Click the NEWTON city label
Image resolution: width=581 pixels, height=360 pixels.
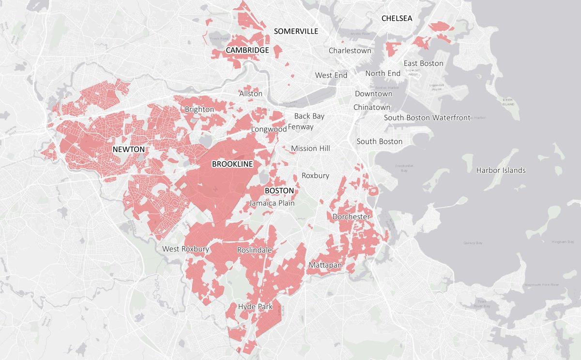(x=128, y=150)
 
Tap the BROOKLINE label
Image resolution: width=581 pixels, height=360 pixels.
(x=232, y=164)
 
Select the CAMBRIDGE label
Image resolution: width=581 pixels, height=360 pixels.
(x=247, y=50)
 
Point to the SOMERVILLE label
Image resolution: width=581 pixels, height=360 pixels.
(x=296, y=31)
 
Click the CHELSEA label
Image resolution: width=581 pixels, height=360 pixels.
(x=397, y=18)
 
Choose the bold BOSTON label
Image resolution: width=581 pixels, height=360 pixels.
(x=279, y=191)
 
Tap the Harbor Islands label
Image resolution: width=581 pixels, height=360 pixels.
(x=501, y=170)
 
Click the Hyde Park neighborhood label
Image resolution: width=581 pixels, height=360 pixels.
(x=255, y=307)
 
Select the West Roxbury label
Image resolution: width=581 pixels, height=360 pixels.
(x=185, y=249)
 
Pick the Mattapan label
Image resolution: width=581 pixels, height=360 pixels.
(x=325, y=266)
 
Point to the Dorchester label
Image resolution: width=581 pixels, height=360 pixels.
(x=351, y=217)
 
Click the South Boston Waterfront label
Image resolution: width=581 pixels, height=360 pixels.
(x=427, y=118)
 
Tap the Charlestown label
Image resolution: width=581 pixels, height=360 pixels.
(x=350, y=50)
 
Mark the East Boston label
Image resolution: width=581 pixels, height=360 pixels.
(x=424, y=63)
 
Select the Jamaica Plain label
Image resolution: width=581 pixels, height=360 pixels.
(x=272, y=203)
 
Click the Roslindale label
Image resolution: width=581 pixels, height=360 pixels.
(x=254, y=250)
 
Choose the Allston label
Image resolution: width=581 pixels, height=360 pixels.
(x=251, y=93)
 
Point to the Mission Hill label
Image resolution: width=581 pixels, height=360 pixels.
(x=310, y=149)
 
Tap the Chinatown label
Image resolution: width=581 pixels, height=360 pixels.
(x=372, y=107)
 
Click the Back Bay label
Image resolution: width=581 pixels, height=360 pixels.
(x=309, y=116)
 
